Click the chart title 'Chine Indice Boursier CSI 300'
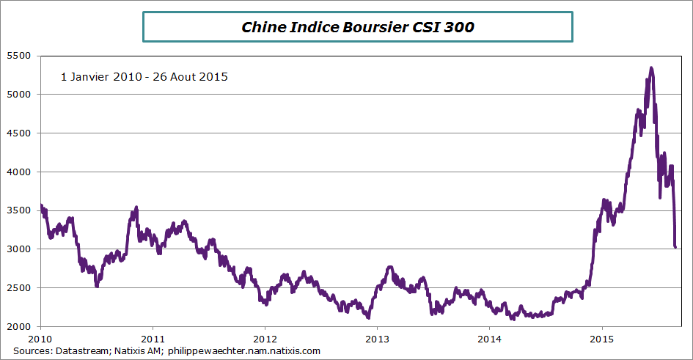357,28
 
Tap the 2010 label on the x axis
40,339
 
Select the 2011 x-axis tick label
153,339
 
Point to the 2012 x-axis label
265,339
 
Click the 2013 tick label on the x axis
377,339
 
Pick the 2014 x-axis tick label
489,339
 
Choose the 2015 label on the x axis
601,339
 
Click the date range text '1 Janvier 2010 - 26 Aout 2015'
144,76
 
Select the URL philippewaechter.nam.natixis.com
244,351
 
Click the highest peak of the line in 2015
651,68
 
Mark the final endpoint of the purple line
675,247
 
